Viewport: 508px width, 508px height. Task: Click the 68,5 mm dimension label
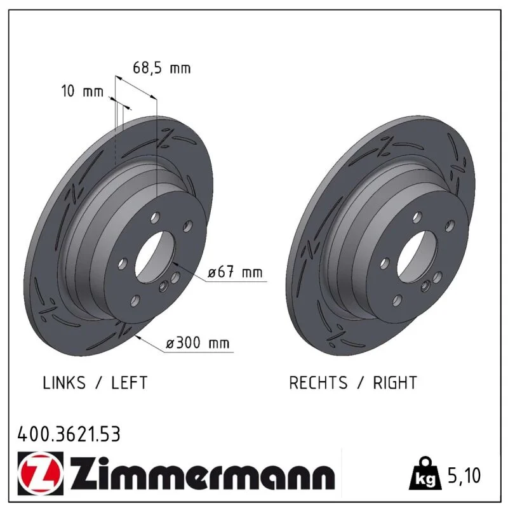click(162, 68)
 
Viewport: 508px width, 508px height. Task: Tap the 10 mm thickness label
click(83, 91)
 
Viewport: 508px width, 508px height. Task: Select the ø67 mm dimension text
click(235, 272)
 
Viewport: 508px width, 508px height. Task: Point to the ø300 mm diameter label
click(197, 343)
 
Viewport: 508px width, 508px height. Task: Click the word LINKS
click(64, 383)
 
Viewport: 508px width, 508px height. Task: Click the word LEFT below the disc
click(130, 383)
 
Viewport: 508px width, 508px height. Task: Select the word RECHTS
click(318, 383)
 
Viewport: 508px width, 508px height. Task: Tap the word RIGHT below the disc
click(395, 383)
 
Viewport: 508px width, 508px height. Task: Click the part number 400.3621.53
click(69, 434)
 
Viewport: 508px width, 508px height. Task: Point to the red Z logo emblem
click(41, 473)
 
